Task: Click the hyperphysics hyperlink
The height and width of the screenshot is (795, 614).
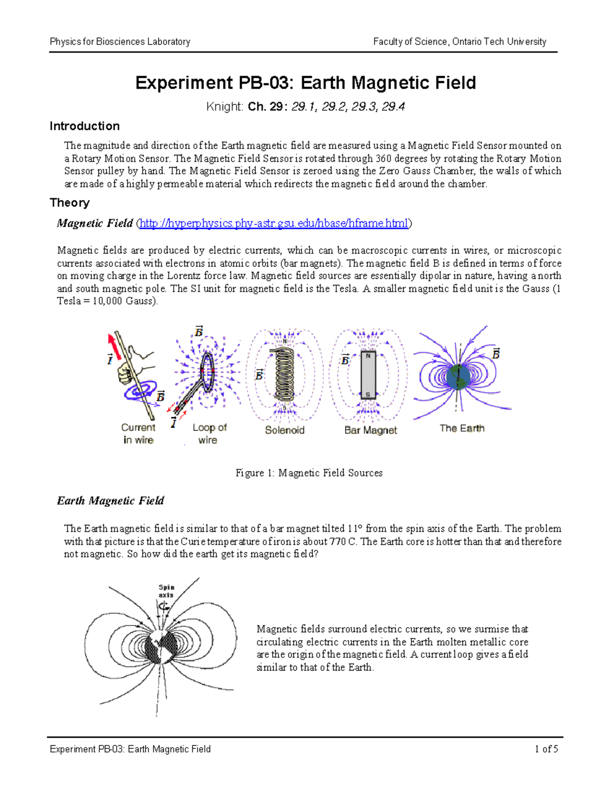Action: tap(274, 223)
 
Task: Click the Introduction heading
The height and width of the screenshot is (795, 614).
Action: tap(84, 126)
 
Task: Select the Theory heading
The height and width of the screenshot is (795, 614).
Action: tap(70, 203)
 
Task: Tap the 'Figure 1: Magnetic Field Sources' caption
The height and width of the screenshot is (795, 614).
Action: tap(309, 473)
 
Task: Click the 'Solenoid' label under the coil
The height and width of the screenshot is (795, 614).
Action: tap(284, 430)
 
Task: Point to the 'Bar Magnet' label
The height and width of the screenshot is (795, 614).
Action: tap(370, 430)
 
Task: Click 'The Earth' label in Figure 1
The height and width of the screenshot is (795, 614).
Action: tap(462, 428)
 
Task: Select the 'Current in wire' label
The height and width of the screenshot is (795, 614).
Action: tap(138, 434)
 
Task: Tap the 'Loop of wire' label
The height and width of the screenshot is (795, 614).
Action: tap(209, 434)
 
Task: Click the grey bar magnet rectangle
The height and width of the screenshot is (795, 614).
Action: tap(368, 375)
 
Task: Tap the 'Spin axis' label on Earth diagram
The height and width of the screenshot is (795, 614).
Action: tap(166, 591)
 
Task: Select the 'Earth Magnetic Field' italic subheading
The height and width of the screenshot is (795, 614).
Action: tap(111, 501)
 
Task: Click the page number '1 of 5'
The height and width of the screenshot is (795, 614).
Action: tap(546, 749)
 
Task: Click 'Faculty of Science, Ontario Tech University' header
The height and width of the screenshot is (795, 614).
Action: tap(459, 41)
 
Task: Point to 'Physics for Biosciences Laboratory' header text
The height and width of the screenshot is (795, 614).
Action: tap(120, 41)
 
